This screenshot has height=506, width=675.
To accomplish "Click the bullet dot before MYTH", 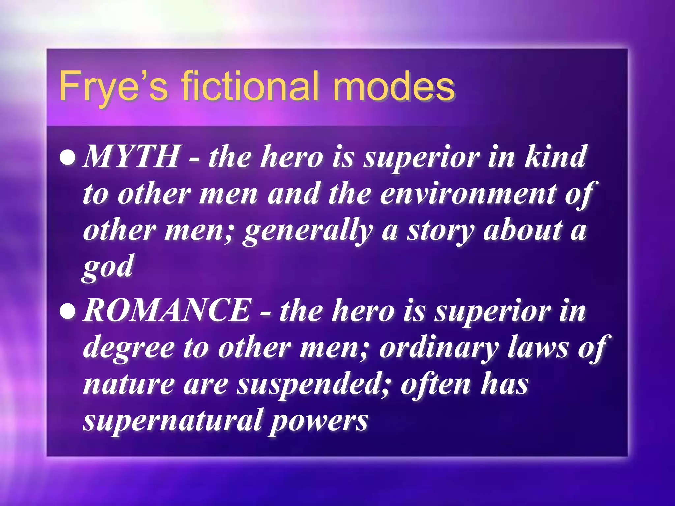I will click(x=69, y=157).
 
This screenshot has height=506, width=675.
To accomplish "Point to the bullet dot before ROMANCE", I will click(x=69, y=311).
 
